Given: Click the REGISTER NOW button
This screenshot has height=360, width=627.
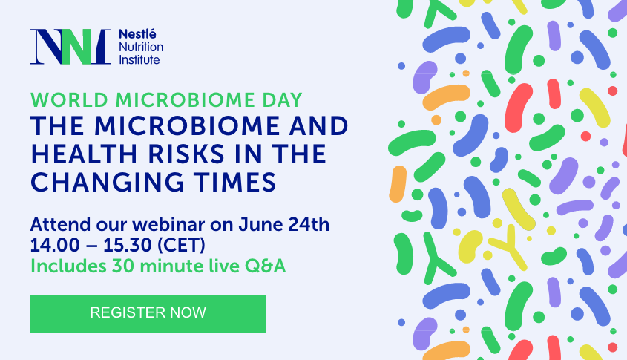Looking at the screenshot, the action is tap(148, 314).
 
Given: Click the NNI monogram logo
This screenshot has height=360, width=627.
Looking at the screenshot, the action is tap(70, 47).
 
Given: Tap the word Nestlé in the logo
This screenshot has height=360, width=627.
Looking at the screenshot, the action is tap(137, 34).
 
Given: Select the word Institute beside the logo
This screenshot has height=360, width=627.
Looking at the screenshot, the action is tap(139, 60).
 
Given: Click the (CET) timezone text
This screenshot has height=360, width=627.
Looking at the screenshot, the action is tap(181, 245).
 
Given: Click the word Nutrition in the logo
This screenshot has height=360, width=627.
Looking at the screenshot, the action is tap(141, 48).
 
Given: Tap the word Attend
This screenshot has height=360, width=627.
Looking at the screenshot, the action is tap(60, 224).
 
